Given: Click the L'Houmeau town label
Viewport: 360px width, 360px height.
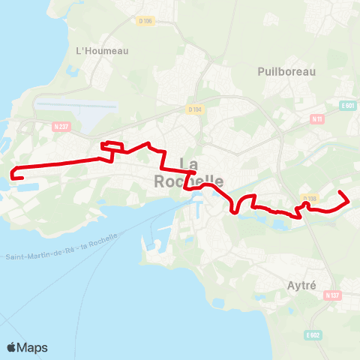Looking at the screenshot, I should coord(102,50).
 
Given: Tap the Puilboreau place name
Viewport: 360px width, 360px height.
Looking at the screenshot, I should coord(286,71).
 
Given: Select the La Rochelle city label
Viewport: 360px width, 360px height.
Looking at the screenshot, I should coord(188,173).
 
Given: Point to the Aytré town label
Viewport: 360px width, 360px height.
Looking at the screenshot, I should coord(304,285).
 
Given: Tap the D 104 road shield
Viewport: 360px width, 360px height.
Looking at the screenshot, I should coord(194,109).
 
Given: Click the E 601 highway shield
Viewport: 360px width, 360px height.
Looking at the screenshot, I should coord(346,106).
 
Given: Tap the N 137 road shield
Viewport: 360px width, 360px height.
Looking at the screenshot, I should coord(332,295).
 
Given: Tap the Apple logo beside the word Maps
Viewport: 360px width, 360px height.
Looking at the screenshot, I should coord(13,347).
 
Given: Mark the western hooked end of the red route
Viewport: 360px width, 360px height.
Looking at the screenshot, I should coord(14,177).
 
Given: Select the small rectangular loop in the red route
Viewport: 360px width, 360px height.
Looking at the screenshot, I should coord(111,145).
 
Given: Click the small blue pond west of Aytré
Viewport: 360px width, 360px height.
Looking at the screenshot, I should coord(278,223).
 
